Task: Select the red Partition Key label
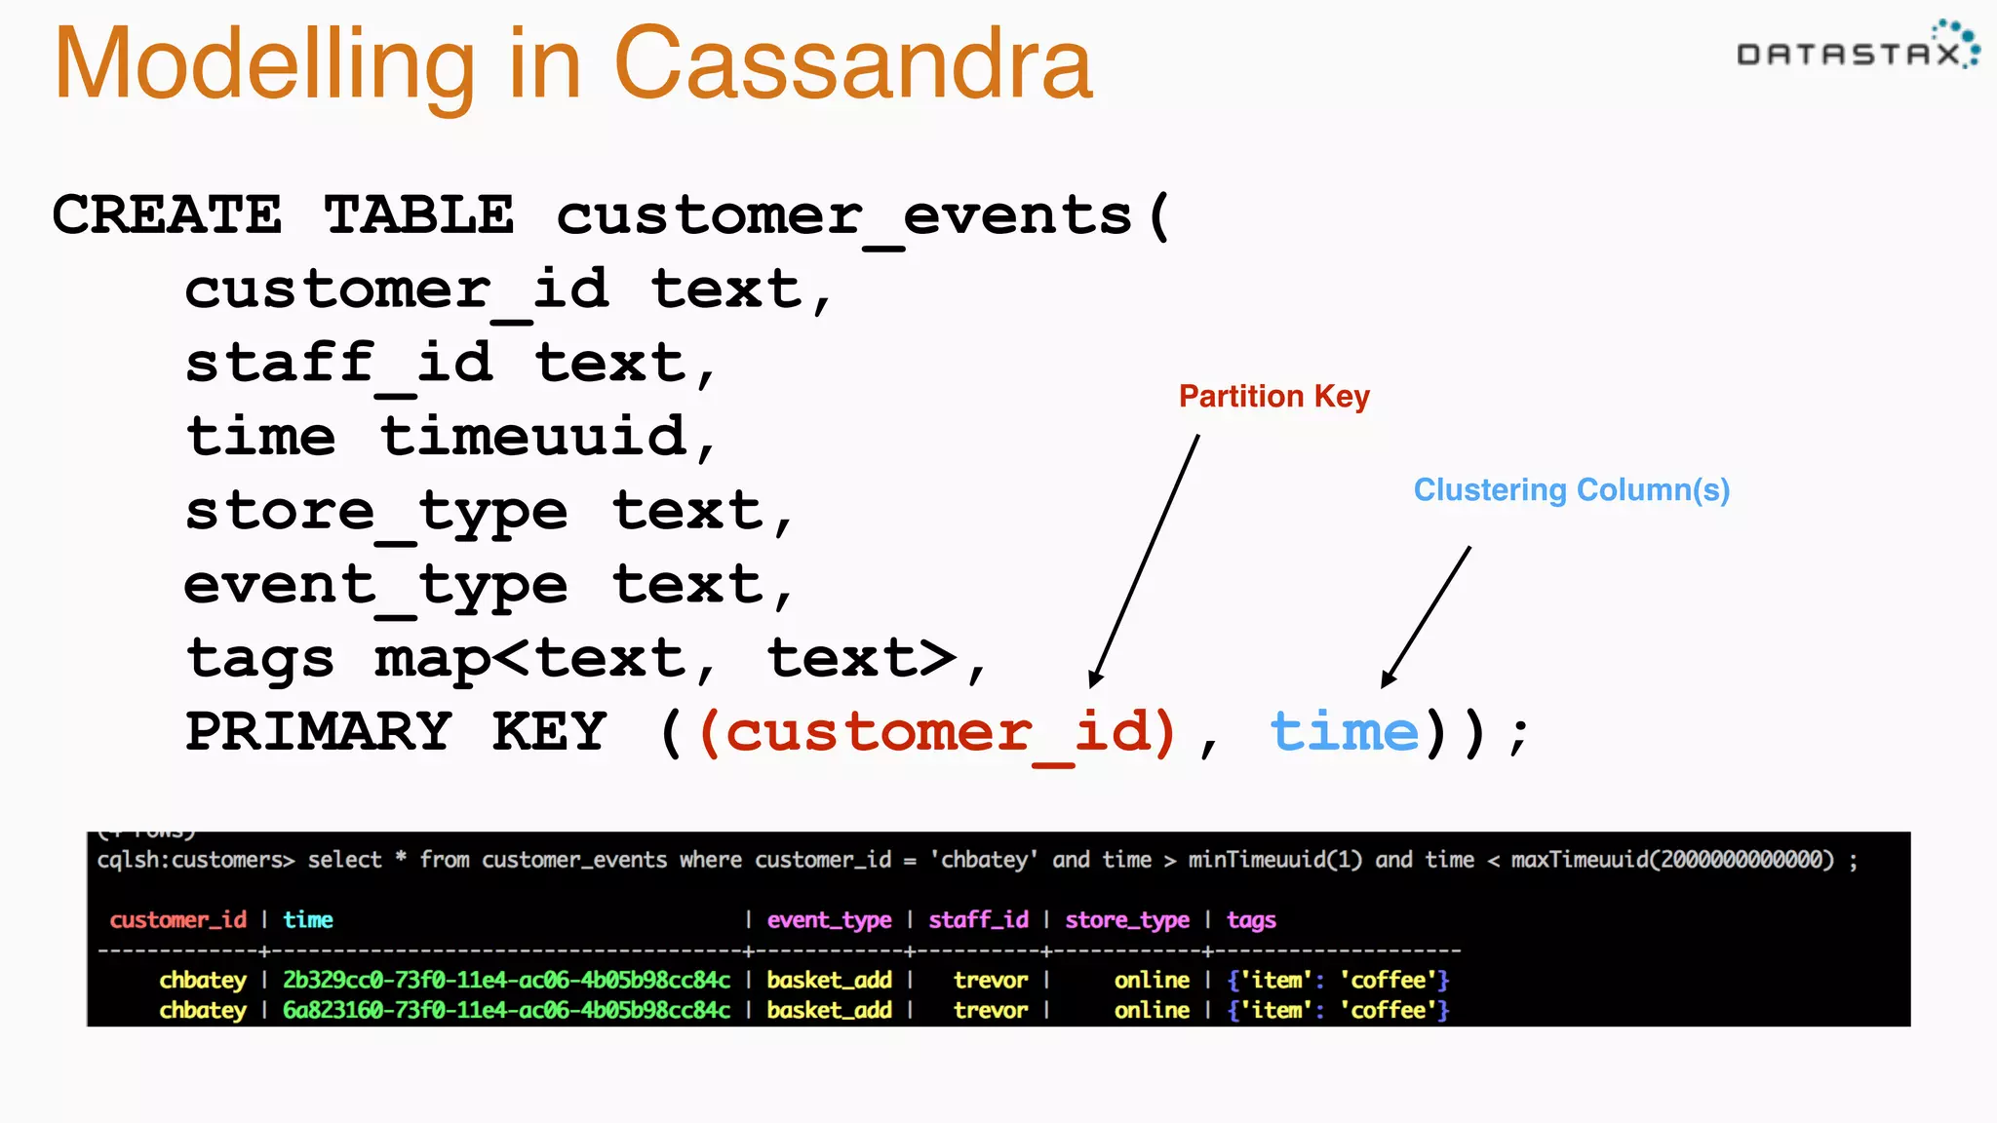coord(1273,396)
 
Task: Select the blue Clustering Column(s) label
coord(1571,489)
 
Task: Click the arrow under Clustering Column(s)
coord(1426,618)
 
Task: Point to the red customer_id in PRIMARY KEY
coord(939,732)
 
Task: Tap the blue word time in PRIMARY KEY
coord(1344,732)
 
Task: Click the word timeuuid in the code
coord(534,436)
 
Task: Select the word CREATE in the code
coord(167,214)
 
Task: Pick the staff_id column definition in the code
coord(338,363)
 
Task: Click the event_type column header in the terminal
coord(829,919)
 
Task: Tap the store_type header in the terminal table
coord(1126,919)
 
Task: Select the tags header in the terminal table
coord(1251,919)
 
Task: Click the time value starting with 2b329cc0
coord(506,980)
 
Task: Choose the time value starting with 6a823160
coord(506,1010)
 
